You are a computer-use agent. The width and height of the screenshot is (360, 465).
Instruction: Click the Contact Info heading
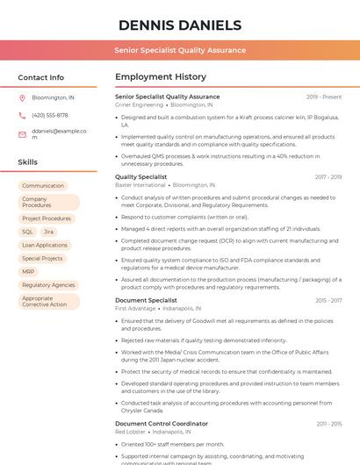tap(40, 77)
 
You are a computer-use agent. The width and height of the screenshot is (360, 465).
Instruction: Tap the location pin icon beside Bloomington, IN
tap(22, 98)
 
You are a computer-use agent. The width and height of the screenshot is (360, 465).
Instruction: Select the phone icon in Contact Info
tap(22, 115)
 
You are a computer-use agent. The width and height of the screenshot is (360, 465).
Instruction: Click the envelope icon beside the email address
tap(22, 134)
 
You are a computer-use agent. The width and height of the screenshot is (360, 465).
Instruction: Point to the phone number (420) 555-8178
tap(49, 115)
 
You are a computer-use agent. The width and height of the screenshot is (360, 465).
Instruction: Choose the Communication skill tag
tap(43, 186)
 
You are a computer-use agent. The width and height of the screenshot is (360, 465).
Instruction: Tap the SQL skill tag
tap(28, 232)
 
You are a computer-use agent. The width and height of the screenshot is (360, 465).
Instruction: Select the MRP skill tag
tap(28, 272)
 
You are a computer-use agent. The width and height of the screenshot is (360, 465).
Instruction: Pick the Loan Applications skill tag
tap(44, 245)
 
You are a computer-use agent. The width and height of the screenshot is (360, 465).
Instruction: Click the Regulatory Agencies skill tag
tap(48, 285)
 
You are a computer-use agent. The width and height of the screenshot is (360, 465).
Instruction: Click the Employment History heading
tap(160, 77)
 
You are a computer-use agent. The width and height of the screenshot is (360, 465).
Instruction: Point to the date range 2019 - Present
tap(324, 97)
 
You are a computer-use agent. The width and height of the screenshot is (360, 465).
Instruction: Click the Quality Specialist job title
tap(140, 177)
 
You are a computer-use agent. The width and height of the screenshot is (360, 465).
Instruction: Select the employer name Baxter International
tap(140, 186)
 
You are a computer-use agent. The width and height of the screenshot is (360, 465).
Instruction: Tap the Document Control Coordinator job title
tap(162, 424)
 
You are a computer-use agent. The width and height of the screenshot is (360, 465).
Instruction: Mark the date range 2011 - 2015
tap(329, 424)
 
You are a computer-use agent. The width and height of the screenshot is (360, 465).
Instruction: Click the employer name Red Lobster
tap(130, 433)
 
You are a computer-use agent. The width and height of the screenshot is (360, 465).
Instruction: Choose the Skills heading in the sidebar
tap(28, 162)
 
